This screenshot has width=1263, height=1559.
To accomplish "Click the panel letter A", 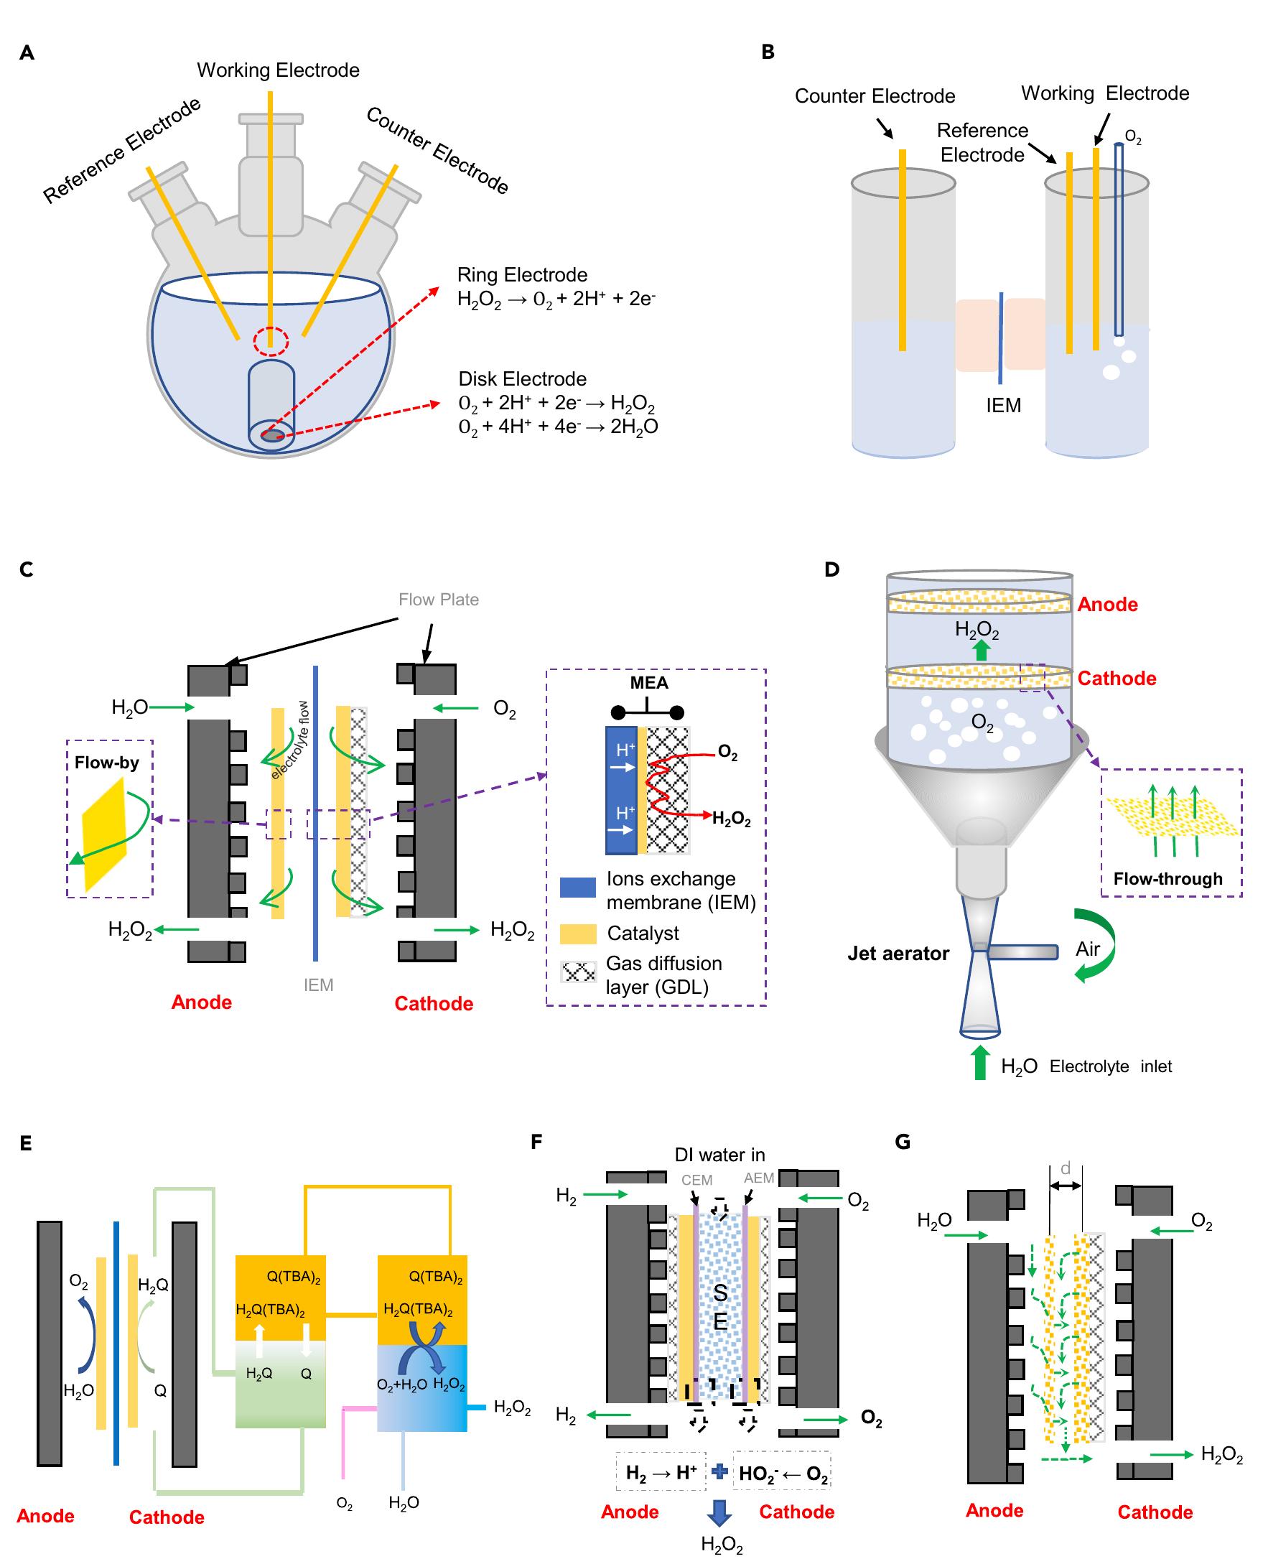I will tap(27, 52).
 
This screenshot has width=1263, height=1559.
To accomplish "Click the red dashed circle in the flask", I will tap(271, 341).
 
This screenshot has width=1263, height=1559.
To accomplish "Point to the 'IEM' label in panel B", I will tap(1003, 406).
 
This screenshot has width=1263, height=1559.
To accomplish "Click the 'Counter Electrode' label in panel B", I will tap(875, 96).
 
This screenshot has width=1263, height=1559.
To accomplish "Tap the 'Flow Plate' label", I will tap(438, 600).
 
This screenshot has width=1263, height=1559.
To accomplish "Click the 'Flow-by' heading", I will tap(106, 763).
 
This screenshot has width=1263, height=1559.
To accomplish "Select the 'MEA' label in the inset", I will tap(649, 682).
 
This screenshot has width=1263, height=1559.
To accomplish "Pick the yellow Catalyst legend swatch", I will tap(579, 934).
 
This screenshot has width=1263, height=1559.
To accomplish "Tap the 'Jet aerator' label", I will tap(898, 954).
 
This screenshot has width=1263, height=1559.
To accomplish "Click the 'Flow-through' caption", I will tap(1167, 879).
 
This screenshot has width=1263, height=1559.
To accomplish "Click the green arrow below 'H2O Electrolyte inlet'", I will tap(980, 1063).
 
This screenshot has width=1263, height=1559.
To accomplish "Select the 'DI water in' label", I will tap(719, 1155).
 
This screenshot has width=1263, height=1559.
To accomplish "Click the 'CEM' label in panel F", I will tap(696, 1180).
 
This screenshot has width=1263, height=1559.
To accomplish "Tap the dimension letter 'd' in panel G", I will tap(1066, 1168).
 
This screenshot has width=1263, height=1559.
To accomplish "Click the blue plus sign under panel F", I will tap(719, 1471).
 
